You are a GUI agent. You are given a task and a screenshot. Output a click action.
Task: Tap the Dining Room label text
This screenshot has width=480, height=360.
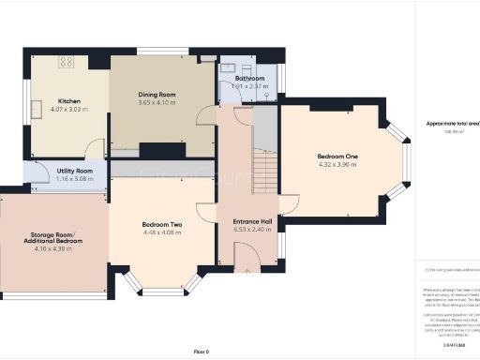[x=157, y=95]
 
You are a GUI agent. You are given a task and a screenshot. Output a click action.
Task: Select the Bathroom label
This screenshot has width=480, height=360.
[x=249, y=79]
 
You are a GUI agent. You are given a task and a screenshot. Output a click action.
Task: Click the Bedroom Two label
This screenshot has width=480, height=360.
[x=161, y=224]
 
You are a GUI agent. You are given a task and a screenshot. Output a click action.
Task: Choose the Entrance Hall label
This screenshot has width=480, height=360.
[x=252, y=221]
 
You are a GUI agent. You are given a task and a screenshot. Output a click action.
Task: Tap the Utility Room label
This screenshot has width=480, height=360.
[x=74, y=171]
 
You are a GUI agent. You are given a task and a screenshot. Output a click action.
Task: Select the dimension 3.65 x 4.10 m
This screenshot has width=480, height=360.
[x=157, y=103]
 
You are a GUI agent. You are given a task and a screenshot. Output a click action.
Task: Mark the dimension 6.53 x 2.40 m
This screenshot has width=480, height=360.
[x=252, y=230]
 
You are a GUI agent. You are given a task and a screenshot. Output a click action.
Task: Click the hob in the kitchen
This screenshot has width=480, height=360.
[x=68, y=62]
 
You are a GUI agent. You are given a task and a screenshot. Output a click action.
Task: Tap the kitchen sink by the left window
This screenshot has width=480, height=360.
[x=34, y=105]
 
